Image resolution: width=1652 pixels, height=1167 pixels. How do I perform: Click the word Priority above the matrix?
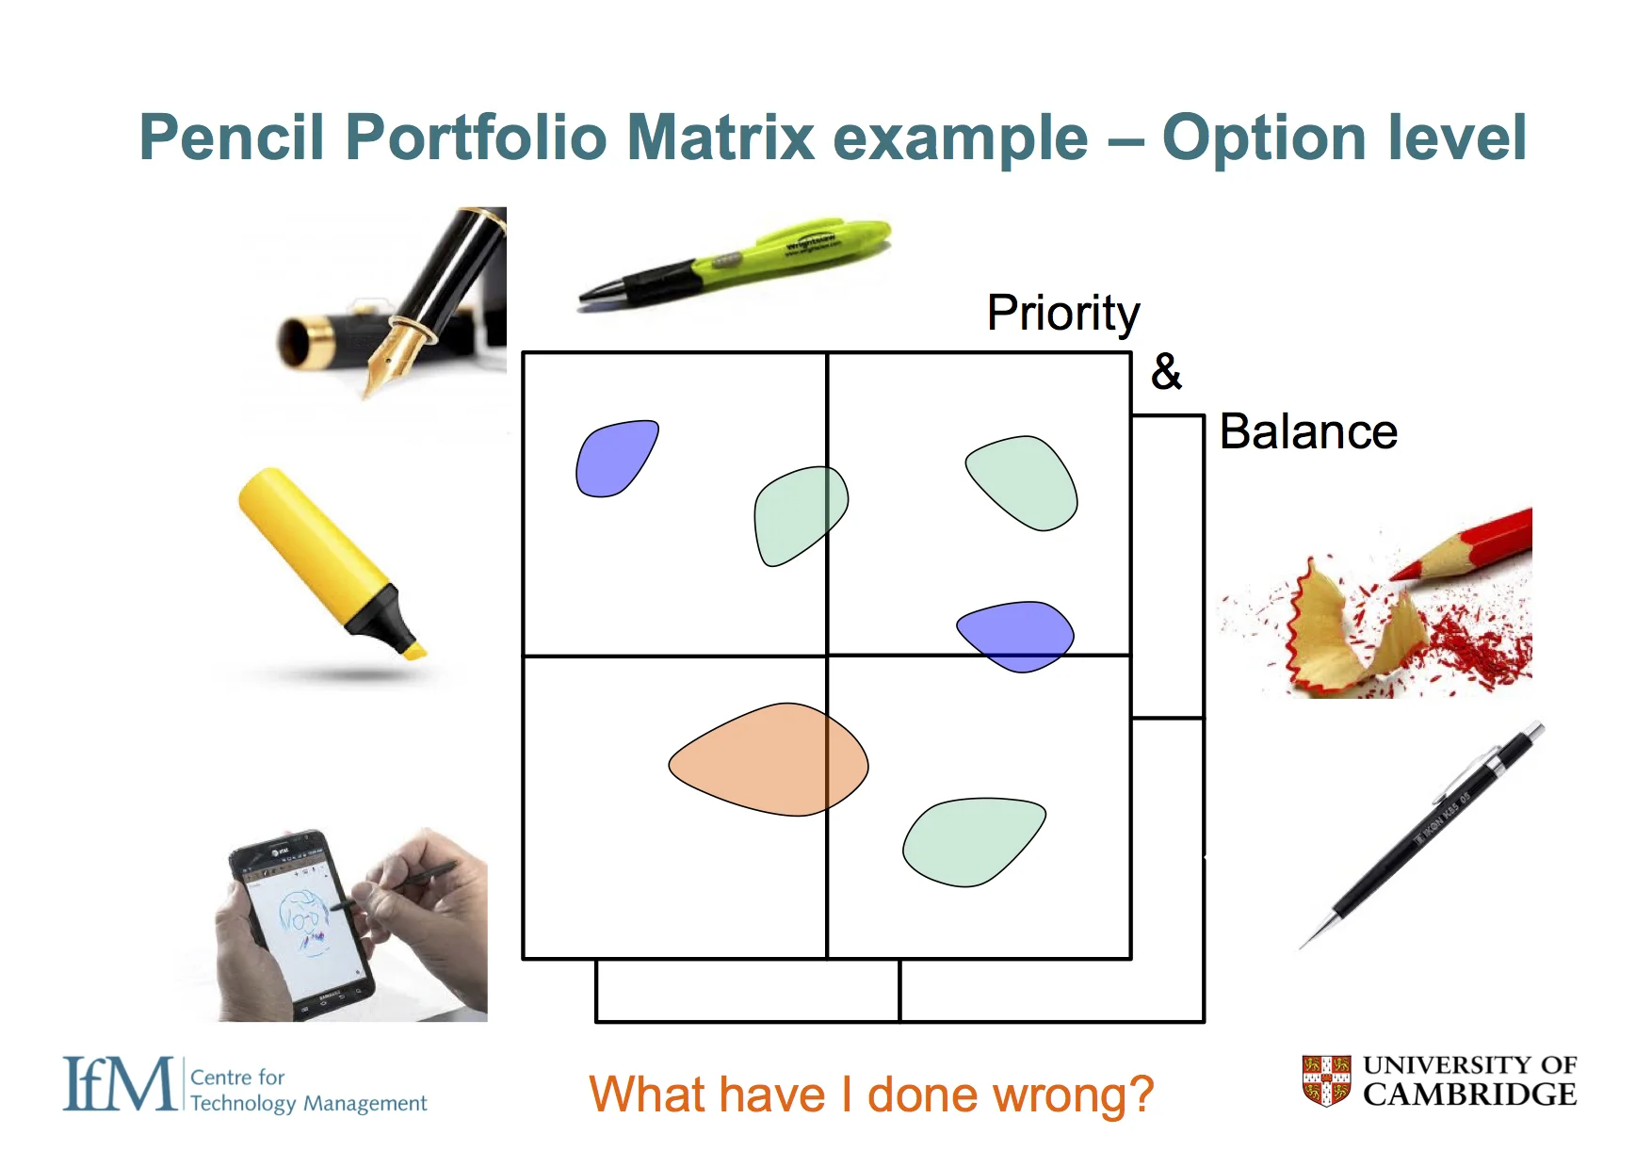(x=1062, y=314)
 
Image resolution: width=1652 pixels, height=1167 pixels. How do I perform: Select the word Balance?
(x=1307, y=432)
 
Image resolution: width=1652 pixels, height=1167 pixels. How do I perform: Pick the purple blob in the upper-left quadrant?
(x=614, y=458)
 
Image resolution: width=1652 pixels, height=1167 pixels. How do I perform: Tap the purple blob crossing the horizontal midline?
(x=1016, y=636)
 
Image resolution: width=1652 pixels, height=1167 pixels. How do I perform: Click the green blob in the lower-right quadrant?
(x=970, y=840)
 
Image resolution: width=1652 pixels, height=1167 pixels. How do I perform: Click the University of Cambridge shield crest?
(x=1326, y=1080)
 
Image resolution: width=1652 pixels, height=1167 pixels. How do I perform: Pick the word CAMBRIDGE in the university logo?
(x=1469, y=1094)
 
